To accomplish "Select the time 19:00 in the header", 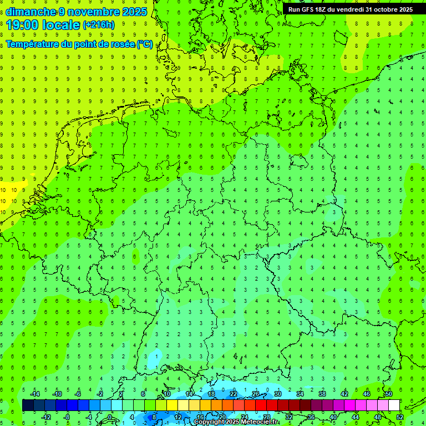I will [26, 25].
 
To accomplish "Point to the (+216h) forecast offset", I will [98, 25].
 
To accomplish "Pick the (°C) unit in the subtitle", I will [145, 44].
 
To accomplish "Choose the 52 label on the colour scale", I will [400, 417].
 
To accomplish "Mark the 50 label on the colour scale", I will [389, 394].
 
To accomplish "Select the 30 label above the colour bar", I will [278, 394].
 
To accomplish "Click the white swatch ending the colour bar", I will [394, 405].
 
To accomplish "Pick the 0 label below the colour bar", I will [110, 417].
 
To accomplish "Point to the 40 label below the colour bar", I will [333, 417].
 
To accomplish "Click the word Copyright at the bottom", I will [209, 422].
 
